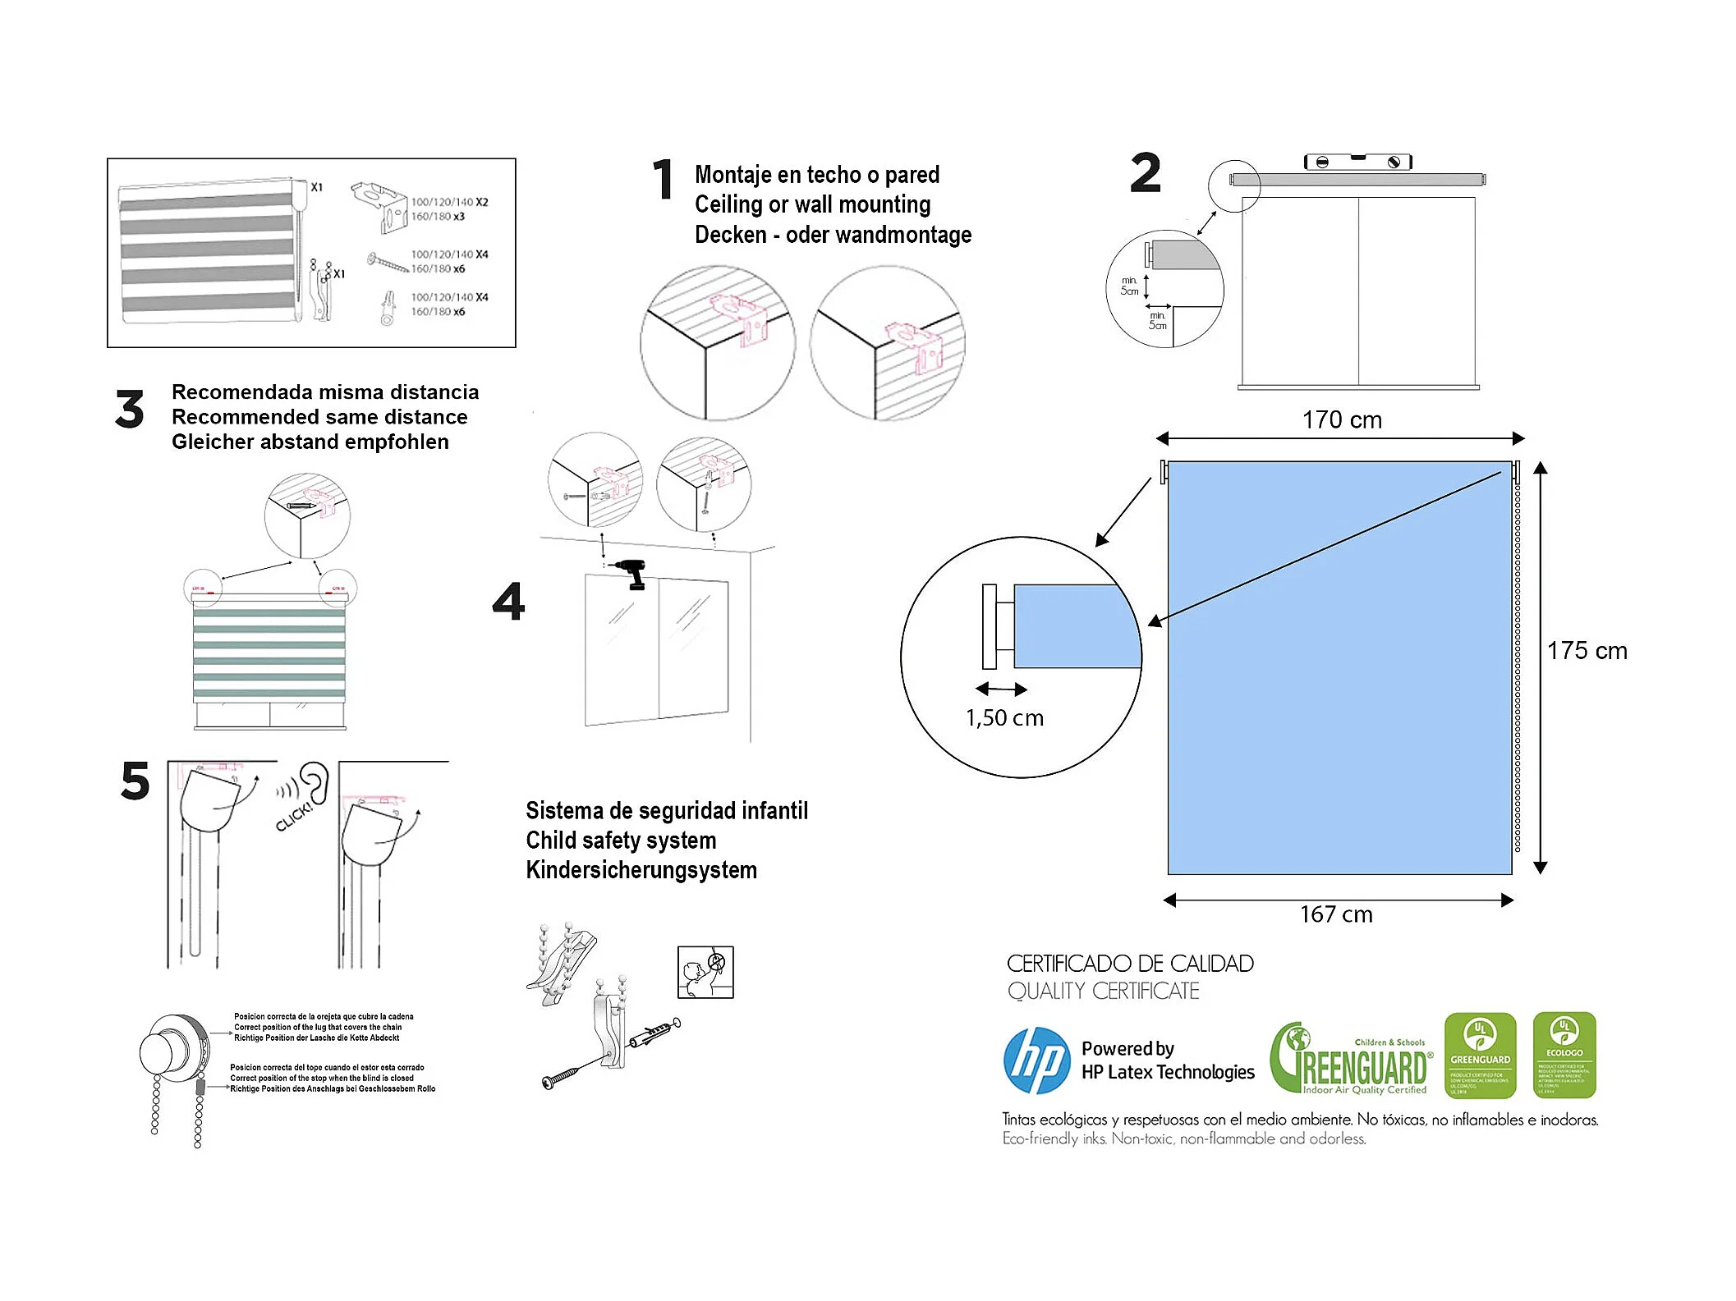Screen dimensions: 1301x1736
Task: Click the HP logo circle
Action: coord(1036,1060)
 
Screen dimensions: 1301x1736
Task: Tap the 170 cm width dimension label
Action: coord(1342,420)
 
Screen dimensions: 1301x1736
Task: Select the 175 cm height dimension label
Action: coord(1587,651)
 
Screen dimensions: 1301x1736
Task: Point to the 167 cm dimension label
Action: coord(1336,914)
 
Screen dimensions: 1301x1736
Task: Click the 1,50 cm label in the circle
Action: coord(1004,718)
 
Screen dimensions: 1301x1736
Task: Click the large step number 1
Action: coord(663,180)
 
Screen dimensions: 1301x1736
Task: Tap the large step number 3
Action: coord(130,410)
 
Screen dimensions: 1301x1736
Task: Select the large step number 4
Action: coord(508,602)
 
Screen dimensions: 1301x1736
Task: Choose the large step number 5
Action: coord(135,781)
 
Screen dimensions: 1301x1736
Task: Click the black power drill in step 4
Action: coord(633,573)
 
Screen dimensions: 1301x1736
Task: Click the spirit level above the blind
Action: coord(1358,162)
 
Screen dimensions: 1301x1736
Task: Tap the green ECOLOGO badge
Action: coord(1564,1055)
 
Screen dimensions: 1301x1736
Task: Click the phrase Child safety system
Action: coord(621,841)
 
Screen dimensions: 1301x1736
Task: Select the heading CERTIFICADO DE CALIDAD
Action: coord(1130,964)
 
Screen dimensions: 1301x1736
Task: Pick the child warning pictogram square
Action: coord(705,972)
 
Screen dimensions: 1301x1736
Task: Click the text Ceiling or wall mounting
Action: coord(812,204)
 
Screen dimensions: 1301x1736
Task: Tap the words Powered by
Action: coord(1127,1048)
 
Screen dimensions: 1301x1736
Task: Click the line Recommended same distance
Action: coord(319,417)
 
